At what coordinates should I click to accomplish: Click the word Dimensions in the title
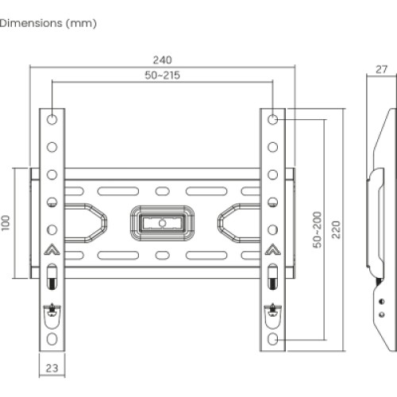[x=29, y=23]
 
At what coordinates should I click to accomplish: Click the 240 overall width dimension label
[x=163, y=60]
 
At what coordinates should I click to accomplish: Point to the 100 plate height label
[x=7, y=222]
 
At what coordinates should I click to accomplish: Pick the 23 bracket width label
[x=52, y=368]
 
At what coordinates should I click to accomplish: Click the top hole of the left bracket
[x=52, y=119]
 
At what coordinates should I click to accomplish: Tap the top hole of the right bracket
[x=273, y=119]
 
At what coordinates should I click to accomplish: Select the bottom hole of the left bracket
[x=52, y=339]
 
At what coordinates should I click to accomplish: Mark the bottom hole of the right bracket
[x=273, y=339]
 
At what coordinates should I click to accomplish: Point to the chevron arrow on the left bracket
[x=52, y=249]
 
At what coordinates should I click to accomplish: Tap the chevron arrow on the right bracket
[x=273, y=249]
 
